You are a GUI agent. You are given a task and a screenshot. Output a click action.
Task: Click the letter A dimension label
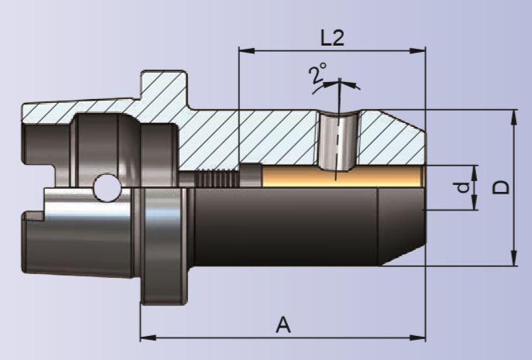[283, 325]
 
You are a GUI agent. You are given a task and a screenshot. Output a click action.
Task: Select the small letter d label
[462, 187]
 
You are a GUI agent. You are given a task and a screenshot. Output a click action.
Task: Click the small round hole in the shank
[104, 187]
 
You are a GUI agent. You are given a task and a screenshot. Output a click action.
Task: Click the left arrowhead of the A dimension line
[145, 338]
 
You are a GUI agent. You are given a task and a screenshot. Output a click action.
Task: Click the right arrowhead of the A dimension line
[420, 338]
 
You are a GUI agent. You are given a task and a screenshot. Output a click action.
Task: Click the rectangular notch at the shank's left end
[31, 220]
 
